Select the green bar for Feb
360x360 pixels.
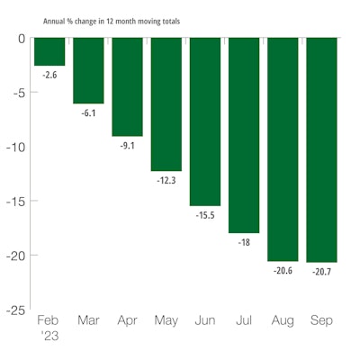tap(49, 51)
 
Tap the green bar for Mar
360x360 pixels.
tap(88, 70)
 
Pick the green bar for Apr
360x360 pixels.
tap(127, 86)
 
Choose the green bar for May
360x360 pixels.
tap(166, 103)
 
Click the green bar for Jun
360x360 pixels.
tap(205, 121)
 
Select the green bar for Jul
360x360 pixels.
tap(244, 135)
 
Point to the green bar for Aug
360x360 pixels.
tap(283, 148)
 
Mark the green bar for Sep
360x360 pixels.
tap(321, 149)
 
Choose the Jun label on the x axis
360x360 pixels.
tap(205, 320)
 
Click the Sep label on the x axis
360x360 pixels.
tap(321, 320)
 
